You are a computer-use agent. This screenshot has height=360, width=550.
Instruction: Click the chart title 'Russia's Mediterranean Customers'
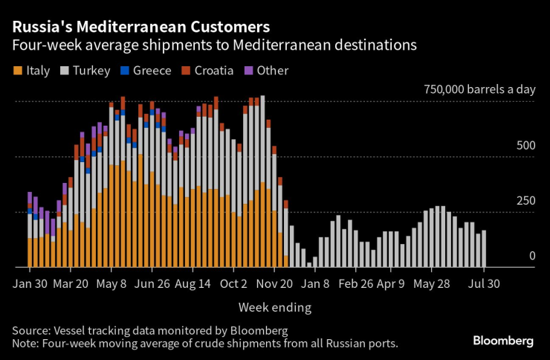coord(141,27)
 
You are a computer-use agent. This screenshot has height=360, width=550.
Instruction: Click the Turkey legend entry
coord(85,71)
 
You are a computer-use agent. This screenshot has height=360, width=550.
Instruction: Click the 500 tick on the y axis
coord(525,145)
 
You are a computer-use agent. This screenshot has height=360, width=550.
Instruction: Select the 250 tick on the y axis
coord(525,201)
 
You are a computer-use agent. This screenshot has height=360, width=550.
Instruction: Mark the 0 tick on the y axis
coord(531,256)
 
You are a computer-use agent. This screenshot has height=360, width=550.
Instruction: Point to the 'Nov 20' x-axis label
coord(276,283)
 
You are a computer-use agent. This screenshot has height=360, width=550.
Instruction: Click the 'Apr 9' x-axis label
coord(390,283)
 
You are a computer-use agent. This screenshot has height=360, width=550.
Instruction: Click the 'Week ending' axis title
coord(274,306)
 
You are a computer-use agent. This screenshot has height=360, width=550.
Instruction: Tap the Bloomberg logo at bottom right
coord(503,340)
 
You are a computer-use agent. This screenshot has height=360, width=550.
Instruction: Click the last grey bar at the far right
coord(485,249)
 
